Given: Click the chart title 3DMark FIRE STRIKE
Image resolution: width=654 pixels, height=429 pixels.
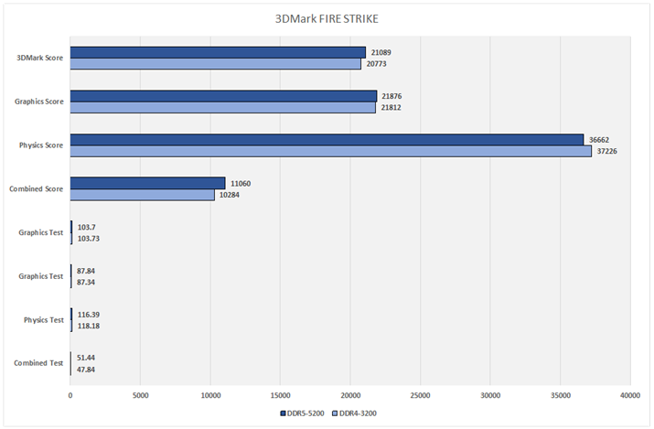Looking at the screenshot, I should coord(327,18).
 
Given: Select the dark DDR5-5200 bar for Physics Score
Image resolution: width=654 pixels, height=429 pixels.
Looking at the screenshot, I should coord(327,139).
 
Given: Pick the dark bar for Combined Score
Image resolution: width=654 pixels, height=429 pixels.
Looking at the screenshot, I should coord(147,183).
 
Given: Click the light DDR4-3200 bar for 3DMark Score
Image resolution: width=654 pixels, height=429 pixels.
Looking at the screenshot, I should coord(216,64).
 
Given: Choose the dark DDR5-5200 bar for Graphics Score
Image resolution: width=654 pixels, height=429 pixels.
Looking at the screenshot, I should coord(223,96).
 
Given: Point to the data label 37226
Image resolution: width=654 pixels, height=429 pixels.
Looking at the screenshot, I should coord(606,151).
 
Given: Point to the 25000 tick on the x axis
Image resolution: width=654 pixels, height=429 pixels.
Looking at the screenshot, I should coord(420,396).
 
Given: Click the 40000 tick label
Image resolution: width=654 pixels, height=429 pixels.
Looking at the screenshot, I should coord(630,396).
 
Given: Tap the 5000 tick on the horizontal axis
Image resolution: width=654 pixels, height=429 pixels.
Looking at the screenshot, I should coord(140,396).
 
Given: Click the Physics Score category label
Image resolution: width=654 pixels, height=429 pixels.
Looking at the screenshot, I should coord(41,145).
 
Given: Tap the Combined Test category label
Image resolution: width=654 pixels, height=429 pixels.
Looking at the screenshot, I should coord(38,363).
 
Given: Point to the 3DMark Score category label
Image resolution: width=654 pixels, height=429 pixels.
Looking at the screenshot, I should coord(40,58).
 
